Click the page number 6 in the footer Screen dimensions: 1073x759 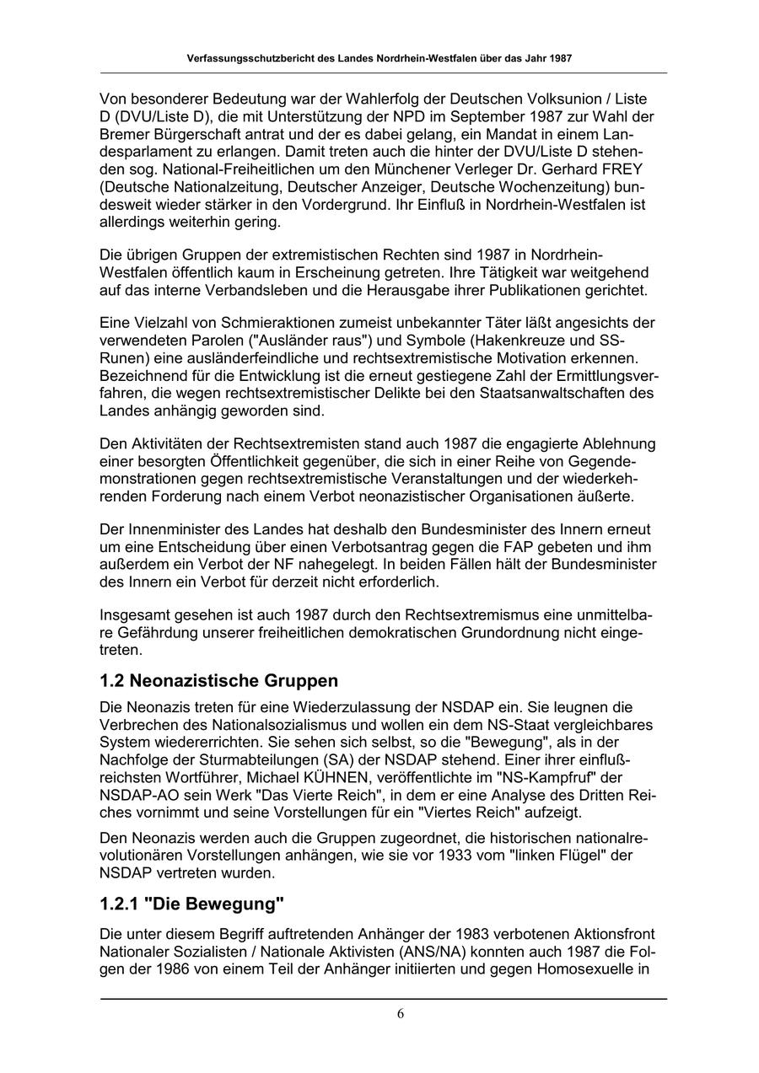[x=400, y=1013]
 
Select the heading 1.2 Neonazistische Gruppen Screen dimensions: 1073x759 [x=218, y=680]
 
